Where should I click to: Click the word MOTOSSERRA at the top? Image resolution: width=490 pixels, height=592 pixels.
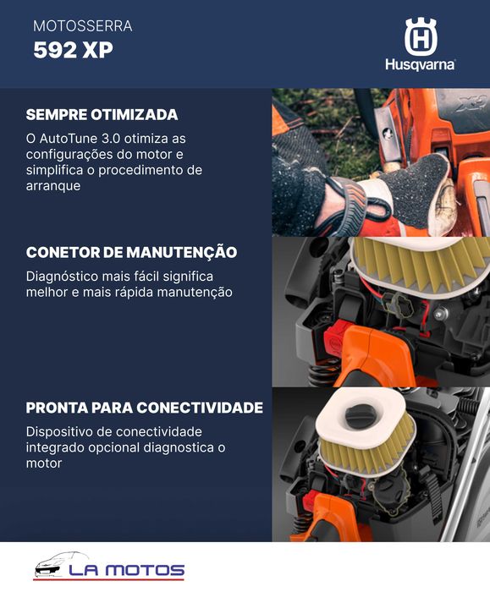82,27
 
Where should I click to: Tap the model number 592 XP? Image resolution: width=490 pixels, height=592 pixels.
73,51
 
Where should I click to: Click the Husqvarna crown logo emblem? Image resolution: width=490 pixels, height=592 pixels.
420,36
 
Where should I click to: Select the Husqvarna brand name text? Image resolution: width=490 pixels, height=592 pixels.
420,65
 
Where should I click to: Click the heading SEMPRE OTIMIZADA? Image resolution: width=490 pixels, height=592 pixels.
102,115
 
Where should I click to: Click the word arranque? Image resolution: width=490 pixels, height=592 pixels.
53,186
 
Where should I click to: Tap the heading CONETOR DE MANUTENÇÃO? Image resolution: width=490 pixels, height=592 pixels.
131,253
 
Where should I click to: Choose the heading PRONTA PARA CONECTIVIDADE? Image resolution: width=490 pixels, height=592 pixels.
144,408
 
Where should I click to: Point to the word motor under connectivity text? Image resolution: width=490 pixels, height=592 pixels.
43,464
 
